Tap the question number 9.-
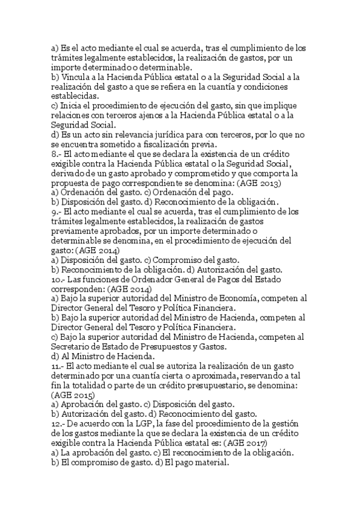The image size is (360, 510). tap(57, 211)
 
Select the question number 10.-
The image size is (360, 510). tap(59, 280)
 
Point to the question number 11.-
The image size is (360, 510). tap(59, 367)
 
